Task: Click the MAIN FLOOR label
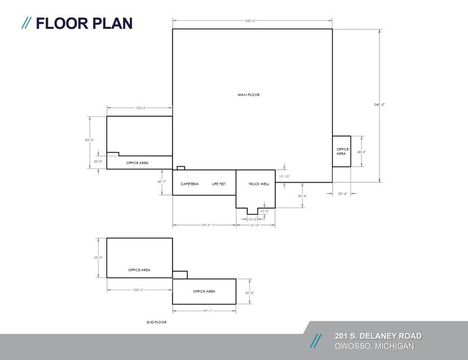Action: coord(249,95)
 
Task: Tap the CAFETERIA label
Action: coord(190,184)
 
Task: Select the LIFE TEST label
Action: coord(219,184)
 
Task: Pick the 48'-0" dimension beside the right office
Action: coord(361,152)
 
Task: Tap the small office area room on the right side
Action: coord(341,151)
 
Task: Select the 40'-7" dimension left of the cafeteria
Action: coord(162,182)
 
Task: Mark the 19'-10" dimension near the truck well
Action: coord(284,176)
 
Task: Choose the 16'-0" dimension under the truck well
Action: coord(252,219)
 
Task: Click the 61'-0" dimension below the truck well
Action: coord(255,225)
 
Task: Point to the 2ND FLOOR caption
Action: coord(157,322)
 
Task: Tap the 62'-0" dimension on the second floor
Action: coord(97,258)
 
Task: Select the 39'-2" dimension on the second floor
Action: coord(250,293)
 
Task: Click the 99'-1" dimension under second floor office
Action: coord(204,310)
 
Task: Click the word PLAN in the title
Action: coord(108,24)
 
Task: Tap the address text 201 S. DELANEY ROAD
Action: coord(377,336)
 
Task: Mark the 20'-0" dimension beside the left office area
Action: coord(97,162)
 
